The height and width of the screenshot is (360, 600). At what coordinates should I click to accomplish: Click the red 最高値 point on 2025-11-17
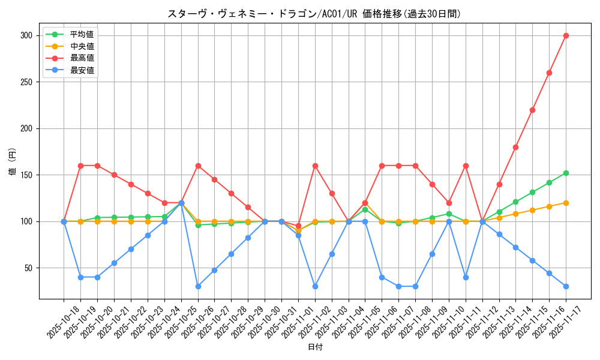(x=566, y=35)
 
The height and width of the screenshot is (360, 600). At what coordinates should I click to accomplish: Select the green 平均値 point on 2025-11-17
(x=566, y=173)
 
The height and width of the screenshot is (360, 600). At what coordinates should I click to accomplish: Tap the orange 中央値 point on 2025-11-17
(x=566, y=203)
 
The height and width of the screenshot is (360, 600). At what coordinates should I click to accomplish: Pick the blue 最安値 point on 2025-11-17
(x=566, y=286)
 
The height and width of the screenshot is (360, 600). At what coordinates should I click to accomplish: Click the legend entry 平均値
(x=82, y=34)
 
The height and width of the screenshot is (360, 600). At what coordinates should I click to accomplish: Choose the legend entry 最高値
(x=82, y=58)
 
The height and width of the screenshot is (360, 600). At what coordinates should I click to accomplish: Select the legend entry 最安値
(x=82, y=70)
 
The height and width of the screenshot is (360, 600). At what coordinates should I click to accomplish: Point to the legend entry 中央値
(x=82, y=46)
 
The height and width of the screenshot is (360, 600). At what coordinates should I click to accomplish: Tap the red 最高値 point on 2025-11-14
(x=532, y=110)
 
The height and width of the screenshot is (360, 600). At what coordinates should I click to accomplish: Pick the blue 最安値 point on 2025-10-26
(x=198, y=286)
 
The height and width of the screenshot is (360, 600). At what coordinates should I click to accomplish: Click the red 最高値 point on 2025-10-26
(x=198, y=166)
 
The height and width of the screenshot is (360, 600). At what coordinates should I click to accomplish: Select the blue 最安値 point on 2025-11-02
(x=315, y=286)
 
